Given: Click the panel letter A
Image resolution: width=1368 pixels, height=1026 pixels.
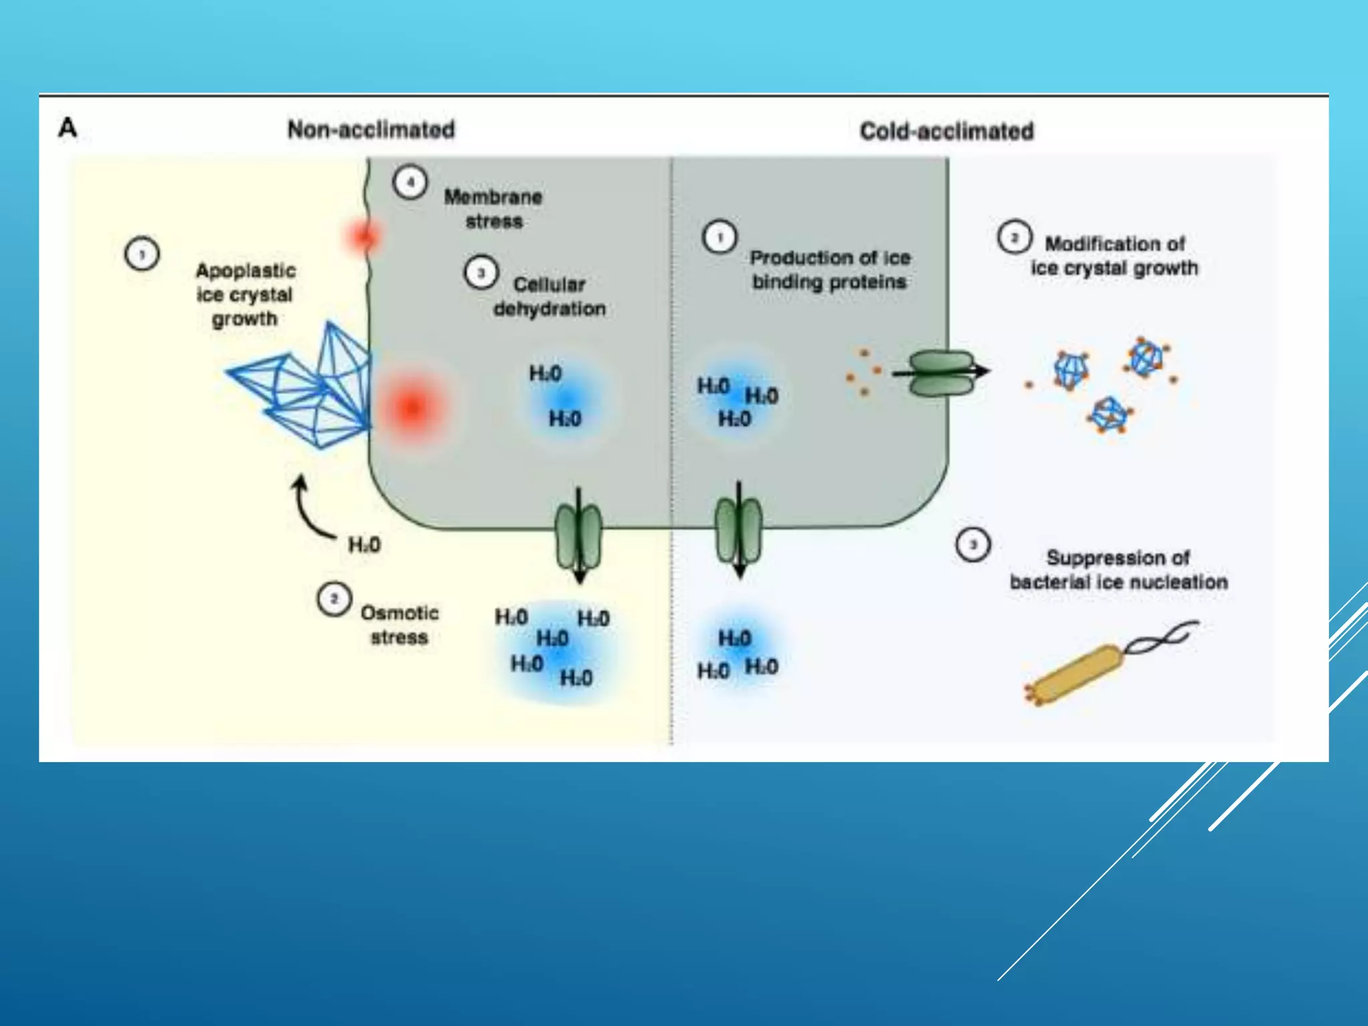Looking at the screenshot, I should (x=67, y=127).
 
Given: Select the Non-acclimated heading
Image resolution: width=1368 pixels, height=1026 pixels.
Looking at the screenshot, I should (x=371, y=129).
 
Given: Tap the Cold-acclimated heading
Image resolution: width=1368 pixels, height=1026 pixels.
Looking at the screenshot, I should (x=947, y=131).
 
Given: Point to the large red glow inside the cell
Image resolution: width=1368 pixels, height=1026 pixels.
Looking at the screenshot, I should (x=411, y=406).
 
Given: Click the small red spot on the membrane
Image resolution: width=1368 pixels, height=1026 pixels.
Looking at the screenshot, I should (x=364, y=236).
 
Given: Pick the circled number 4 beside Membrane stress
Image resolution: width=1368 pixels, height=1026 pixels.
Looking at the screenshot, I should (x=409, y=182).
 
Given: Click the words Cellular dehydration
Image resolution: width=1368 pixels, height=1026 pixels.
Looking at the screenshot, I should (x=549, y=297).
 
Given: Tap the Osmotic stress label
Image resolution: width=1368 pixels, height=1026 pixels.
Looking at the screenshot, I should (x=399, y=625).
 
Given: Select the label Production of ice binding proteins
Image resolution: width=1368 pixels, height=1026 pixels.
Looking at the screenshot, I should (x=830, y=269).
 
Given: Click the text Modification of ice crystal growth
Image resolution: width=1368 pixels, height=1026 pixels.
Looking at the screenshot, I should (x=1114, y=256).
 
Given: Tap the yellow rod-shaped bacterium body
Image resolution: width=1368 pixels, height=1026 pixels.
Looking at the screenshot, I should (x=1075, y=675).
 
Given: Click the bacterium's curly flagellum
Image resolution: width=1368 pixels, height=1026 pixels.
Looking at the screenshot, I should (x=1161, y=636).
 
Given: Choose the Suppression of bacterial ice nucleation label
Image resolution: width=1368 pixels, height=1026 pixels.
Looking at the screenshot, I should (x=1118, y=570).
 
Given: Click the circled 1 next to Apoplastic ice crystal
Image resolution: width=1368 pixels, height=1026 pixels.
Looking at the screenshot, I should (x=142, y=254).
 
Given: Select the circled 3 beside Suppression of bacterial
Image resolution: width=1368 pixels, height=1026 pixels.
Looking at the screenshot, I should (x=973, y=545).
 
